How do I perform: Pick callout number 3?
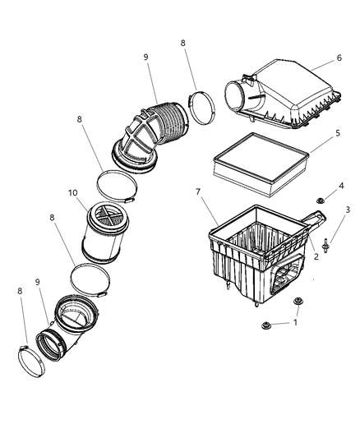[348, 211]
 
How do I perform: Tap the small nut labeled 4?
[321, 201]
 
